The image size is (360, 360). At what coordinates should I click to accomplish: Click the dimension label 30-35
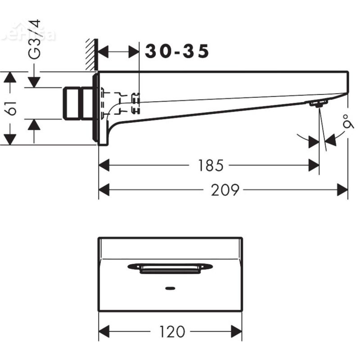point(177,52)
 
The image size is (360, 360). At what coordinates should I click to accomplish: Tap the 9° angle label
point(346,122)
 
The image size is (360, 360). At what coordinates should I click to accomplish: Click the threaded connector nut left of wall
point(78,104)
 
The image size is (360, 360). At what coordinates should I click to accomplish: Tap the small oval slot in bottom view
point(170,288)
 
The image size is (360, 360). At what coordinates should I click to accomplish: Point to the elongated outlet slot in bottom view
point(170,269)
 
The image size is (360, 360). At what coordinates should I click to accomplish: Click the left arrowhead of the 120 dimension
point(104,332)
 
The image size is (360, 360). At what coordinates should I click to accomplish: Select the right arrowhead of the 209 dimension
point(343,190)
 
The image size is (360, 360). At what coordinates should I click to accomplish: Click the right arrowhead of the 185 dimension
point(314,166)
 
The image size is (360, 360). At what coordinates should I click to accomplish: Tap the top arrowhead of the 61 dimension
point(10,77)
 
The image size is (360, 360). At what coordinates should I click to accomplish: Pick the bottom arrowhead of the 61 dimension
point(10,139)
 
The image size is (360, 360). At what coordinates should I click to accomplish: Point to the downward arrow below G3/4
point(34,82)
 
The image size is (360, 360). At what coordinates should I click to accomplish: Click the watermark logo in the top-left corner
point(27,34)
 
